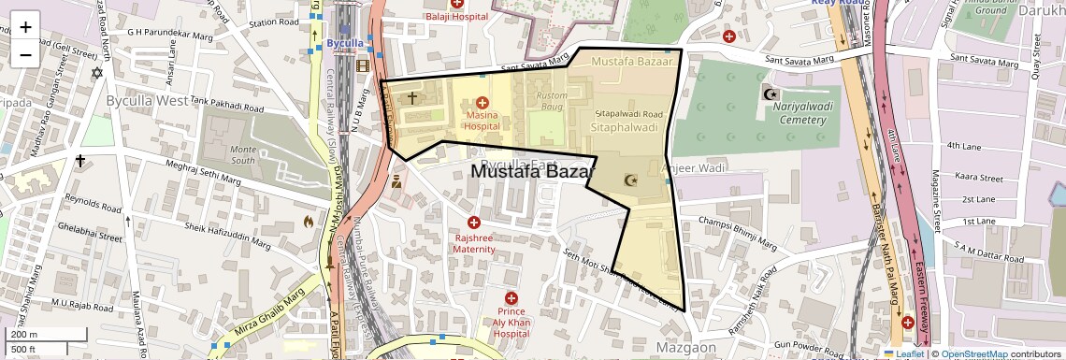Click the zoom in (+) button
25,26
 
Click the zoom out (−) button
25,54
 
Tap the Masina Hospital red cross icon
482,102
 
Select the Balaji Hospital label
456,17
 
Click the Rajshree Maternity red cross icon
473,223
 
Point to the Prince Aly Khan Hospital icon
511,298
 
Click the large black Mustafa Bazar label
531,172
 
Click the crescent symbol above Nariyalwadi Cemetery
772,94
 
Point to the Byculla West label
146,99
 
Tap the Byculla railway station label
345,44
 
